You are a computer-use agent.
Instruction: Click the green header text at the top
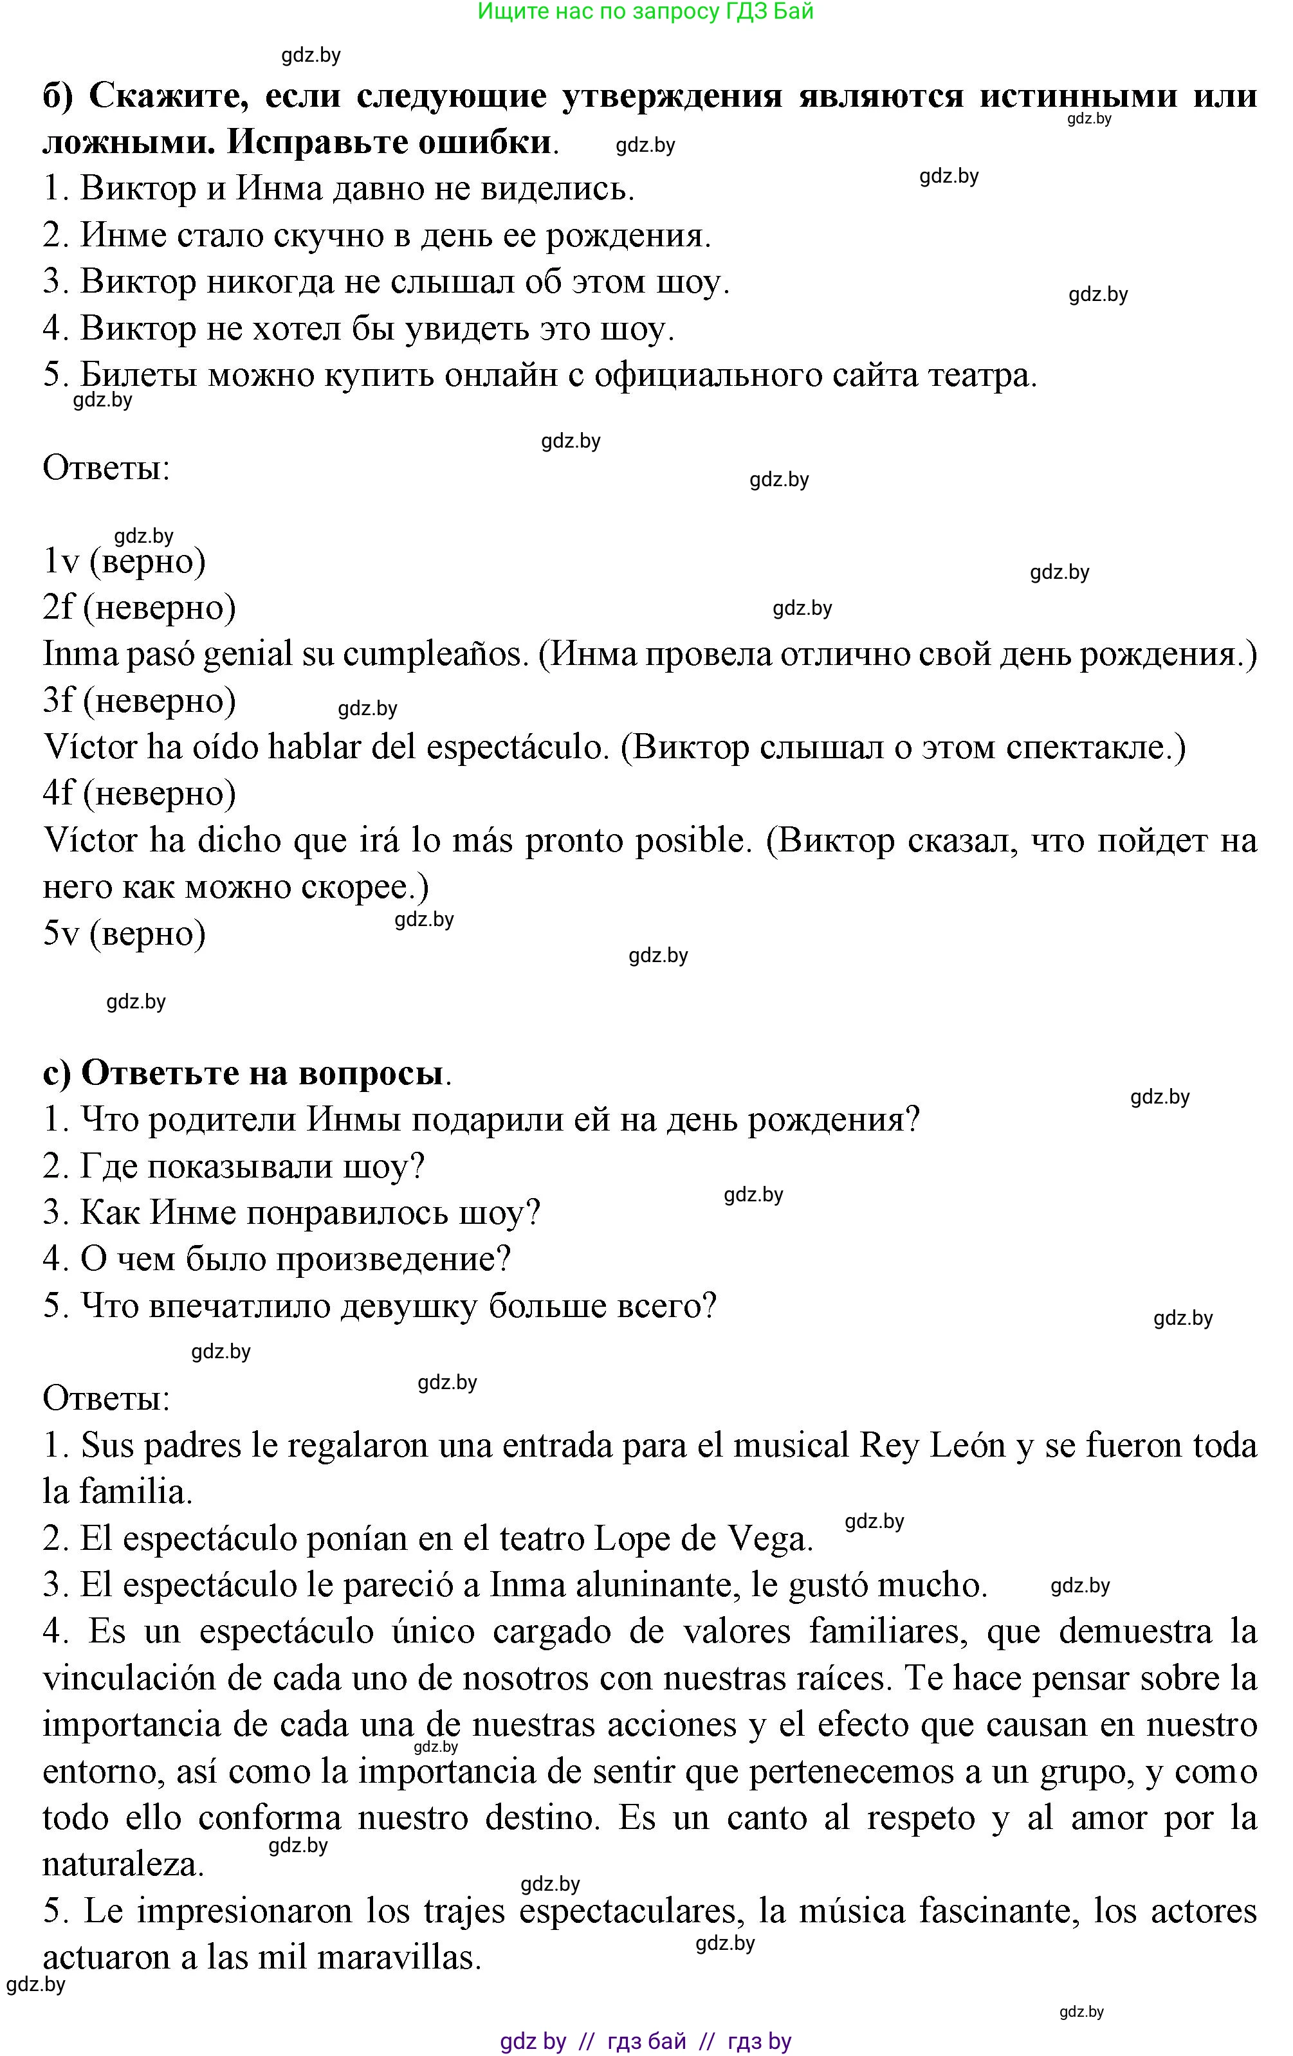646,12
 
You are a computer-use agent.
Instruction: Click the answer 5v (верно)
125,933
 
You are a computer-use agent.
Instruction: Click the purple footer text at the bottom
646,2041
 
